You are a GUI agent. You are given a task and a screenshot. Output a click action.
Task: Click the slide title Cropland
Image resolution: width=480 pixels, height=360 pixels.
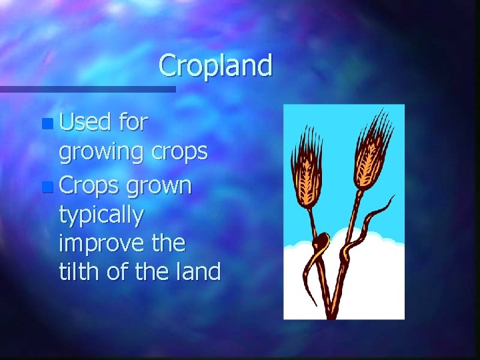215,66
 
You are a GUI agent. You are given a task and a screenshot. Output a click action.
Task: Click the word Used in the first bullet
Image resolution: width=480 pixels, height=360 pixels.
85,123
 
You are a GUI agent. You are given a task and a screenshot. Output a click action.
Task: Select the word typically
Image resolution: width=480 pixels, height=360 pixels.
101,215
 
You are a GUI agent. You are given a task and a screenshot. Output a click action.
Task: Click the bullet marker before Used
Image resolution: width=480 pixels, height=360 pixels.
45,124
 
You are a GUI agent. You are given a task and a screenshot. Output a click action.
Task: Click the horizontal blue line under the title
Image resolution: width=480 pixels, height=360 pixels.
87,89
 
